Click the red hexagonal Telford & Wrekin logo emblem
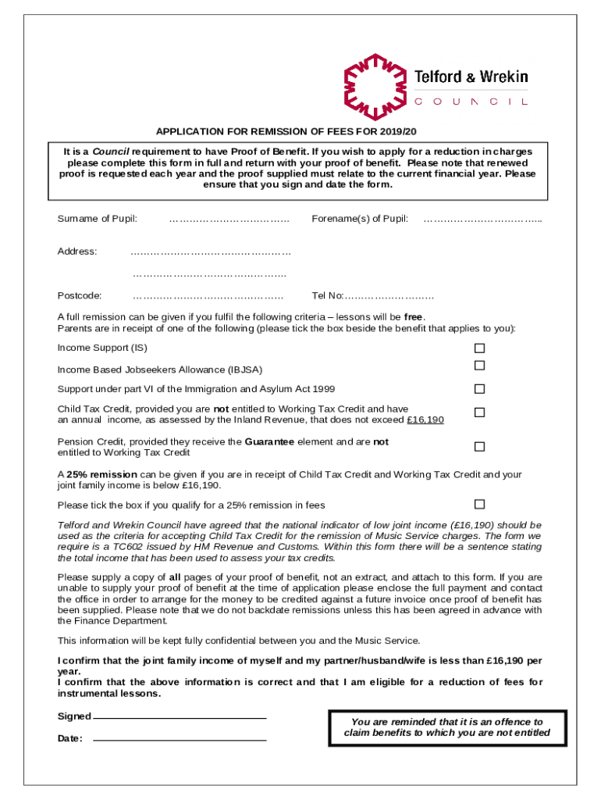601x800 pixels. point(374,87)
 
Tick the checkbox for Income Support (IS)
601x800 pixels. point(480,348)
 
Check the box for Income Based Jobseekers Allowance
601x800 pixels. point(480,366)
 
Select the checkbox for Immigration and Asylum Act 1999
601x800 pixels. point(480,389)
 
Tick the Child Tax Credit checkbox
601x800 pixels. point(480,412)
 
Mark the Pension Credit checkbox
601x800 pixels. point(480,447)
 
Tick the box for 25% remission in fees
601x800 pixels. point(480,504)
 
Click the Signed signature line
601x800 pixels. point(180,716)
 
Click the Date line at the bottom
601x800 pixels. point(180,738)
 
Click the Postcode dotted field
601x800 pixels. point(208,296)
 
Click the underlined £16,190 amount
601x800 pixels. point(425,420)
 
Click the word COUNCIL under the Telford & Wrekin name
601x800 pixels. point(471,102)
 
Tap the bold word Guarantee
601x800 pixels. point(269,442)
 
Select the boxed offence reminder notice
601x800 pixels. point(448,727)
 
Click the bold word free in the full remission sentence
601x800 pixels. point(413,317)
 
